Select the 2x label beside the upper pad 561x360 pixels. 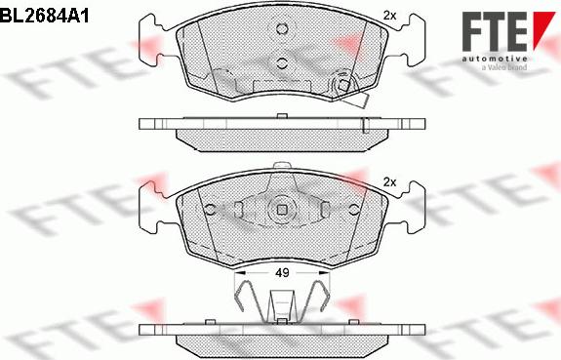tap(390, 15)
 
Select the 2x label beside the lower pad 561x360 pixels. tap(390, 182)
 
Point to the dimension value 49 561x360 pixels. tap(281, 274)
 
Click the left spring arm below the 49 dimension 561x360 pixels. tap(248, 295)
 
